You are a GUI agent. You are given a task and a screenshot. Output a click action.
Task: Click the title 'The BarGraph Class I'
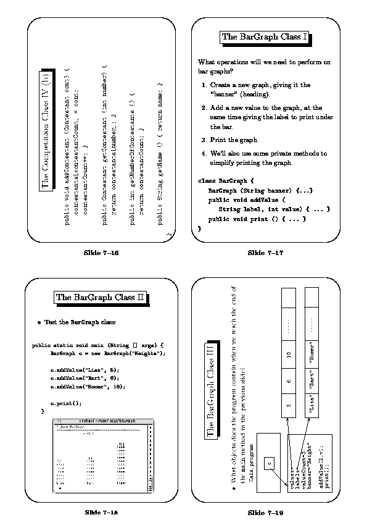[265, 37]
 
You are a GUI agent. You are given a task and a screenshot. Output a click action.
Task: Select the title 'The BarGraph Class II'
[101, 298]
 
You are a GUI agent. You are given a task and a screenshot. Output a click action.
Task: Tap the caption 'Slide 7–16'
[101, 253]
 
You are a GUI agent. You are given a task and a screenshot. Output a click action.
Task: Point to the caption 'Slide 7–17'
[265, 253]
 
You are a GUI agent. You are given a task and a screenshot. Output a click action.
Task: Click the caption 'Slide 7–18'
[101, 513]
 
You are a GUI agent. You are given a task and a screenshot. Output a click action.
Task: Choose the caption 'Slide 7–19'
[265, 513]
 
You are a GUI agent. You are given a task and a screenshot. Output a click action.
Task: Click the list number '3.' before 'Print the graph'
[205, 140]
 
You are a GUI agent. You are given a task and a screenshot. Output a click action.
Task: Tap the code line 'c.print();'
[65, 403]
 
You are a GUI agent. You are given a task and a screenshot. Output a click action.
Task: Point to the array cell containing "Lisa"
[313, 406]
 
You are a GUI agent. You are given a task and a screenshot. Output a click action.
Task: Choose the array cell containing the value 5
[288, 406]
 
